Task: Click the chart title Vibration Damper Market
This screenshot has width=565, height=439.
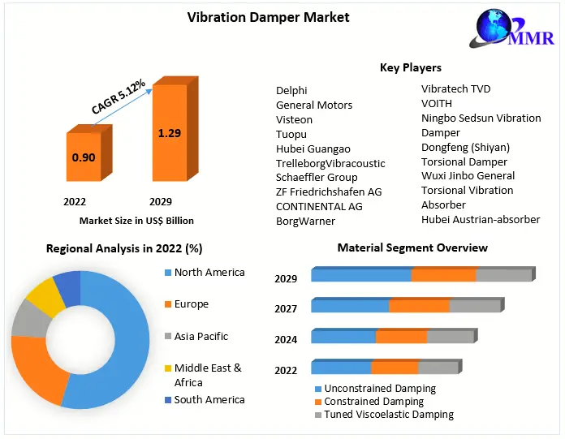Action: [x=257, y=16]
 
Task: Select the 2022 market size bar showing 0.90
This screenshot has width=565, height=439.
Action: [x=83, y=157]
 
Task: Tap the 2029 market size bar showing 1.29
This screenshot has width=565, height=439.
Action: [x=169, y=134]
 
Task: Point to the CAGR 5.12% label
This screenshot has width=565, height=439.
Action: [x=119, y=96]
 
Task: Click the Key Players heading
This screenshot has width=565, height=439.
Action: [x=410, y=67]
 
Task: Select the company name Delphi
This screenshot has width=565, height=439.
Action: [x=291, y=90]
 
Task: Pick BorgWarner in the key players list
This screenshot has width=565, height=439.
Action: [x=305, y=221]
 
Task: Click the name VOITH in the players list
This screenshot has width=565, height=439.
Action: [x=436, y=103]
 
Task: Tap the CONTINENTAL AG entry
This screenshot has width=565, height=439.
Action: [x=319, y=206]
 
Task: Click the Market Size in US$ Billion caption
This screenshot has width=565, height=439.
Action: [x=136, y=220]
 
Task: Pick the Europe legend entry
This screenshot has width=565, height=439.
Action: [x=191, y=304]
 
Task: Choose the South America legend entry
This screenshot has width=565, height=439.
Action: [x=209, y=399]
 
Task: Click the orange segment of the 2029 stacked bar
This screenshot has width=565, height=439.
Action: [x=443, y=275]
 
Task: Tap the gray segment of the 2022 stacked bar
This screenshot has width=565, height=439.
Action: [x=438, y=368]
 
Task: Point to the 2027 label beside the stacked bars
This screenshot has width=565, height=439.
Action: [x=286, y=308]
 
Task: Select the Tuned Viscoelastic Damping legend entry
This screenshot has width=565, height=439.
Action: [x=388, y=415]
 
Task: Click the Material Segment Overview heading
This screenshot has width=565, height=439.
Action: [x=412, y=247]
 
